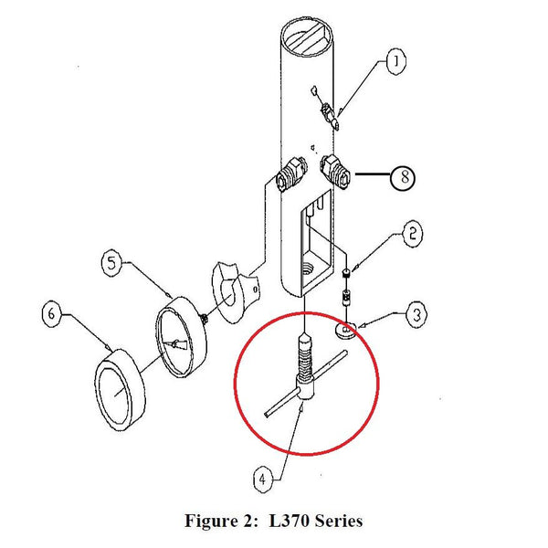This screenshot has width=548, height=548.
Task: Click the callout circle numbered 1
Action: [x=395, y=62]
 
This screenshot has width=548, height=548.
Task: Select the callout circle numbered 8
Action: [x=403, y=177]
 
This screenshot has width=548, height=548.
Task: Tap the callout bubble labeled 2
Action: [x=412, y=234]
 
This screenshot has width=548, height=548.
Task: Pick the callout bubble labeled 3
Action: [x=415, y=316]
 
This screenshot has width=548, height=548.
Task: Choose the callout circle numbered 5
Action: [x=111, y=264]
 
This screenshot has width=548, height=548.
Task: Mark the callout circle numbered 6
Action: [x=51, y=315]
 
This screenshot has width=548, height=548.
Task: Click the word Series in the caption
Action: [x=335, y=522]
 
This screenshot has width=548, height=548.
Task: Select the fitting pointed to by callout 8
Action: [x=335, y=171]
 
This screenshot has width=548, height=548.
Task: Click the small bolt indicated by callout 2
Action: [x=347, y=284]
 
